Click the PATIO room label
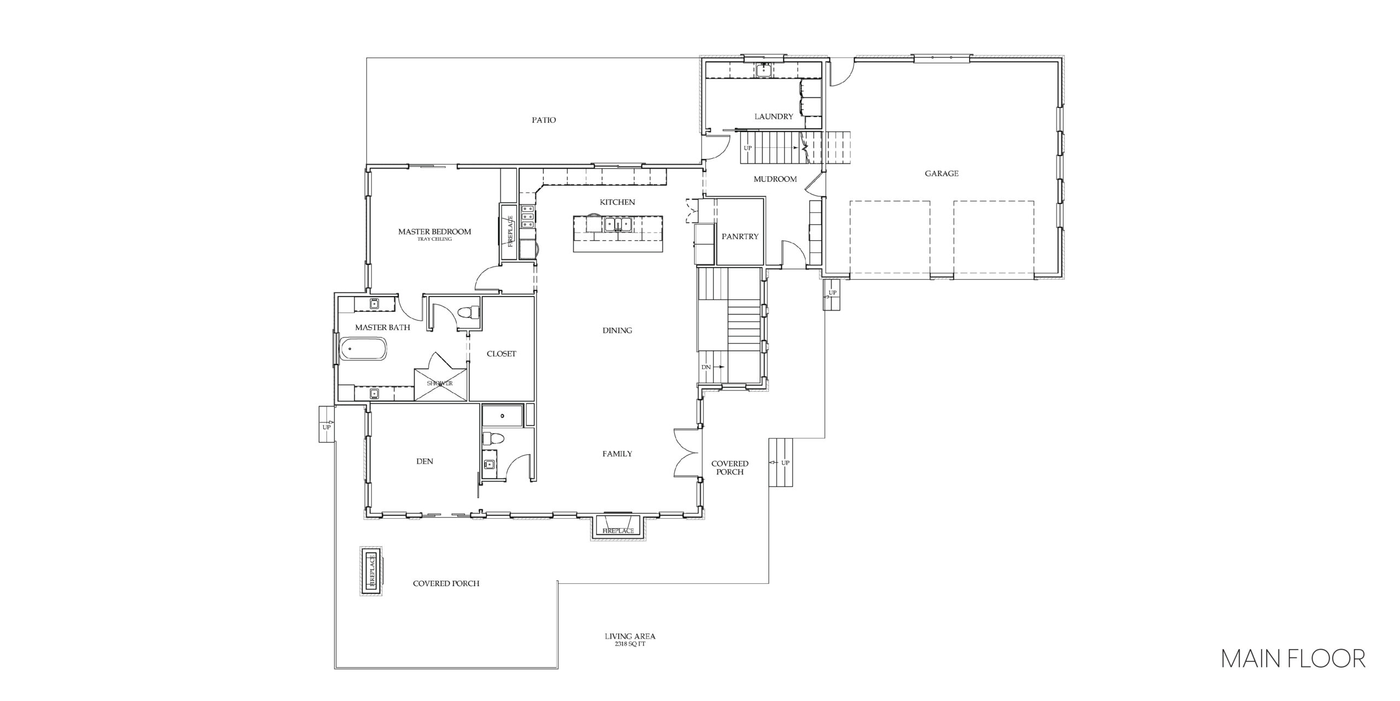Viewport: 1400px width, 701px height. point(544,120)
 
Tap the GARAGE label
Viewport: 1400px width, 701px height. point(941,173)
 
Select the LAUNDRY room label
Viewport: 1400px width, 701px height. point(773,117)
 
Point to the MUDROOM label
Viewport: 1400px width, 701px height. point(775,179)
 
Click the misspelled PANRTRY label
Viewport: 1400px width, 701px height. point(740,237)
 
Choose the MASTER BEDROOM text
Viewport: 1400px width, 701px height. point(434,231)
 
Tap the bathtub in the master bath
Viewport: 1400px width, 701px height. point(363,349)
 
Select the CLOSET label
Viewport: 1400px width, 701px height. point(501,354)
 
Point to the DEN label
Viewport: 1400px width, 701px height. point(424,461)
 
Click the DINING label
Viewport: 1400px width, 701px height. point(617,331)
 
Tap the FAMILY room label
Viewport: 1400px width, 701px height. point(617,454)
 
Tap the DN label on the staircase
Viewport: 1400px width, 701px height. point(706,367)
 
